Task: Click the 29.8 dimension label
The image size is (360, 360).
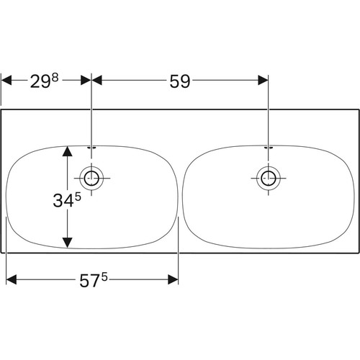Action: (45, 81)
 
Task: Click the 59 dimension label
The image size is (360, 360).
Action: (180, 81)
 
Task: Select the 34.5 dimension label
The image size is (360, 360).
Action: (67, 200)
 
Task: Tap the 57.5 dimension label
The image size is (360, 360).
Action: (94, 280)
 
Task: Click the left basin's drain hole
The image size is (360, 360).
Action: (91, 179)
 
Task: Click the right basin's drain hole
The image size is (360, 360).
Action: (269, 179)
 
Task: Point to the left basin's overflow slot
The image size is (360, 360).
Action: (91, 148)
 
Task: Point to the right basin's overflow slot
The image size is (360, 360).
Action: (269, 148)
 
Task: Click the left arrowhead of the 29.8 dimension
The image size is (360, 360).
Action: (6, 80)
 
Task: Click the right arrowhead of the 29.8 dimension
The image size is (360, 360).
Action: (86, 80)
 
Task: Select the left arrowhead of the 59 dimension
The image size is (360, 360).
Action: (97, 80)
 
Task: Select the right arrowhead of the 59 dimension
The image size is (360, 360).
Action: (263, 80)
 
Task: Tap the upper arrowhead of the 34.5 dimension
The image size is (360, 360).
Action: (68, 151)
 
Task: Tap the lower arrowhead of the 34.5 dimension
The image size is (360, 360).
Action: (68, 243)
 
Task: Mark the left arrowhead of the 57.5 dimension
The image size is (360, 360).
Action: (12, 279)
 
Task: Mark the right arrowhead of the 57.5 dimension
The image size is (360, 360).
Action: (173, 279)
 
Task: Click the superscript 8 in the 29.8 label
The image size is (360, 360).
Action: (55, 78)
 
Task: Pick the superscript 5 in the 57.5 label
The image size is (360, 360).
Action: (104, 277)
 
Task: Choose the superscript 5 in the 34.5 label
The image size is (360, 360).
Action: (78, 197)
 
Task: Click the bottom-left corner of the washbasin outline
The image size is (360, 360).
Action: (1, 253)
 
